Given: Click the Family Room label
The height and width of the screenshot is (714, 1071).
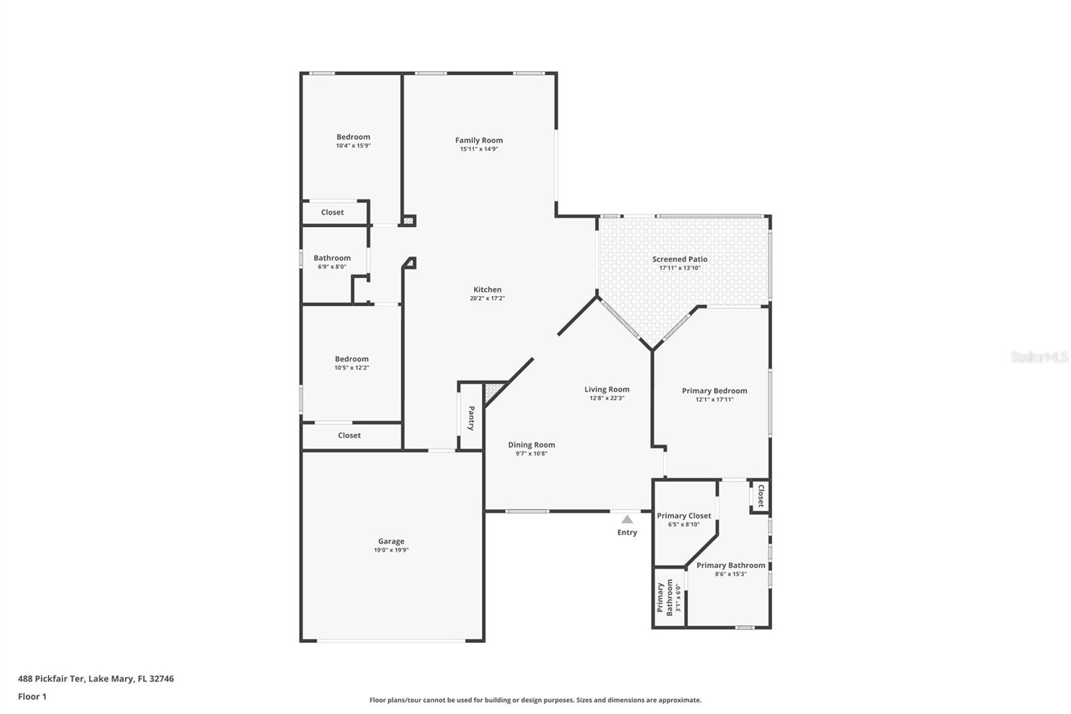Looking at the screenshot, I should click(x=479, y=140).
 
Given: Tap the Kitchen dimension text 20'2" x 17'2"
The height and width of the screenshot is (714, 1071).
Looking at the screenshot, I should click(x=487, y=299).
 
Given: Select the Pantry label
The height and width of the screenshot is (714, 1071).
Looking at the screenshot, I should click(x=471, y=418).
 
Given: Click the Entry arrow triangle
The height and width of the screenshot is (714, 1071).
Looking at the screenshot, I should click(x=627, y=519).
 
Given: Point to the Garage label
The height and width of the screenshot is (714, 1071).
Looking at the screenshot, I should click(x=391, y=541).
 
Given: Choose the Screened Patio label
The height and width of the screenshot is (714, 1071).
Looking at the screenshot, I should click(x=679, y=259).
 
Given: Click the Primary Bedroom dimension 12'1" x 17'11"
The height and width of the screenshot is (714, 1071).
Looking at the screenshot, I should click(x=714, y=400).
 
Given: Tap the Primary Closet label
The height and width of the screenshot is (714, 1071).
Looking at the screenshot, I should click(x=683, y=516).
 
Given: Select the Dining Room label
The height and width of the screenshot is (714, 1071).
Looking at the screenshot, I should click(x=531, y=445).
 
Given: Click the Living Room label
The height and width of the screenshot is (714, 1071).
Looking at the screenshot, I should click(x=606, y=389).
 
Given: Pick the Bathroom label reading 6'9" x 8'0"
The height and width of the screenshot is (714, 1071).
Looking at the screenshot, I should click(x=332, y=258).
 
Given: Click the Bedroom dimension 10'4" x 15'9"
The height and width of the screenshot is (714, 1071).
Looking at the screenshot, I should click(x=353, y=145).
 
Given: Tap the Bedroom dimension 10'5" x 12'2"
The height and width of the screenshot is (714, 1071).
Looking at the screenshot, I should click(x=351, y=368).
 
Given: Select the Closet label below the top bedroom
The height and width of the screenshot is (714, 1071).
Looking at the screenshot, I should click(x=332, y=212).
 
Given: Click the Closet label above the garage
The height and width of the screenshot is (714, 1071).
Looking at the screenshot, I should click(x=349, y=435).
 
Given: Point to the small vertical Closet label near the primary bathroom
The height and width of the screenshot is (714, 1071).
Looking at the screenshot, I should click(x=760, y=496).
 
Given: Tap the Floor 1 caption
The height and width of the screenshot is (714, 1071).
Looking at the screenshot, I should click(x=32, y=697).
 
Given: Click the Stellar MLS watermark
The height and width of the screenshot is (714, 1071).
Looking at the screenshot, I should click(x=1039, y=357).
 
